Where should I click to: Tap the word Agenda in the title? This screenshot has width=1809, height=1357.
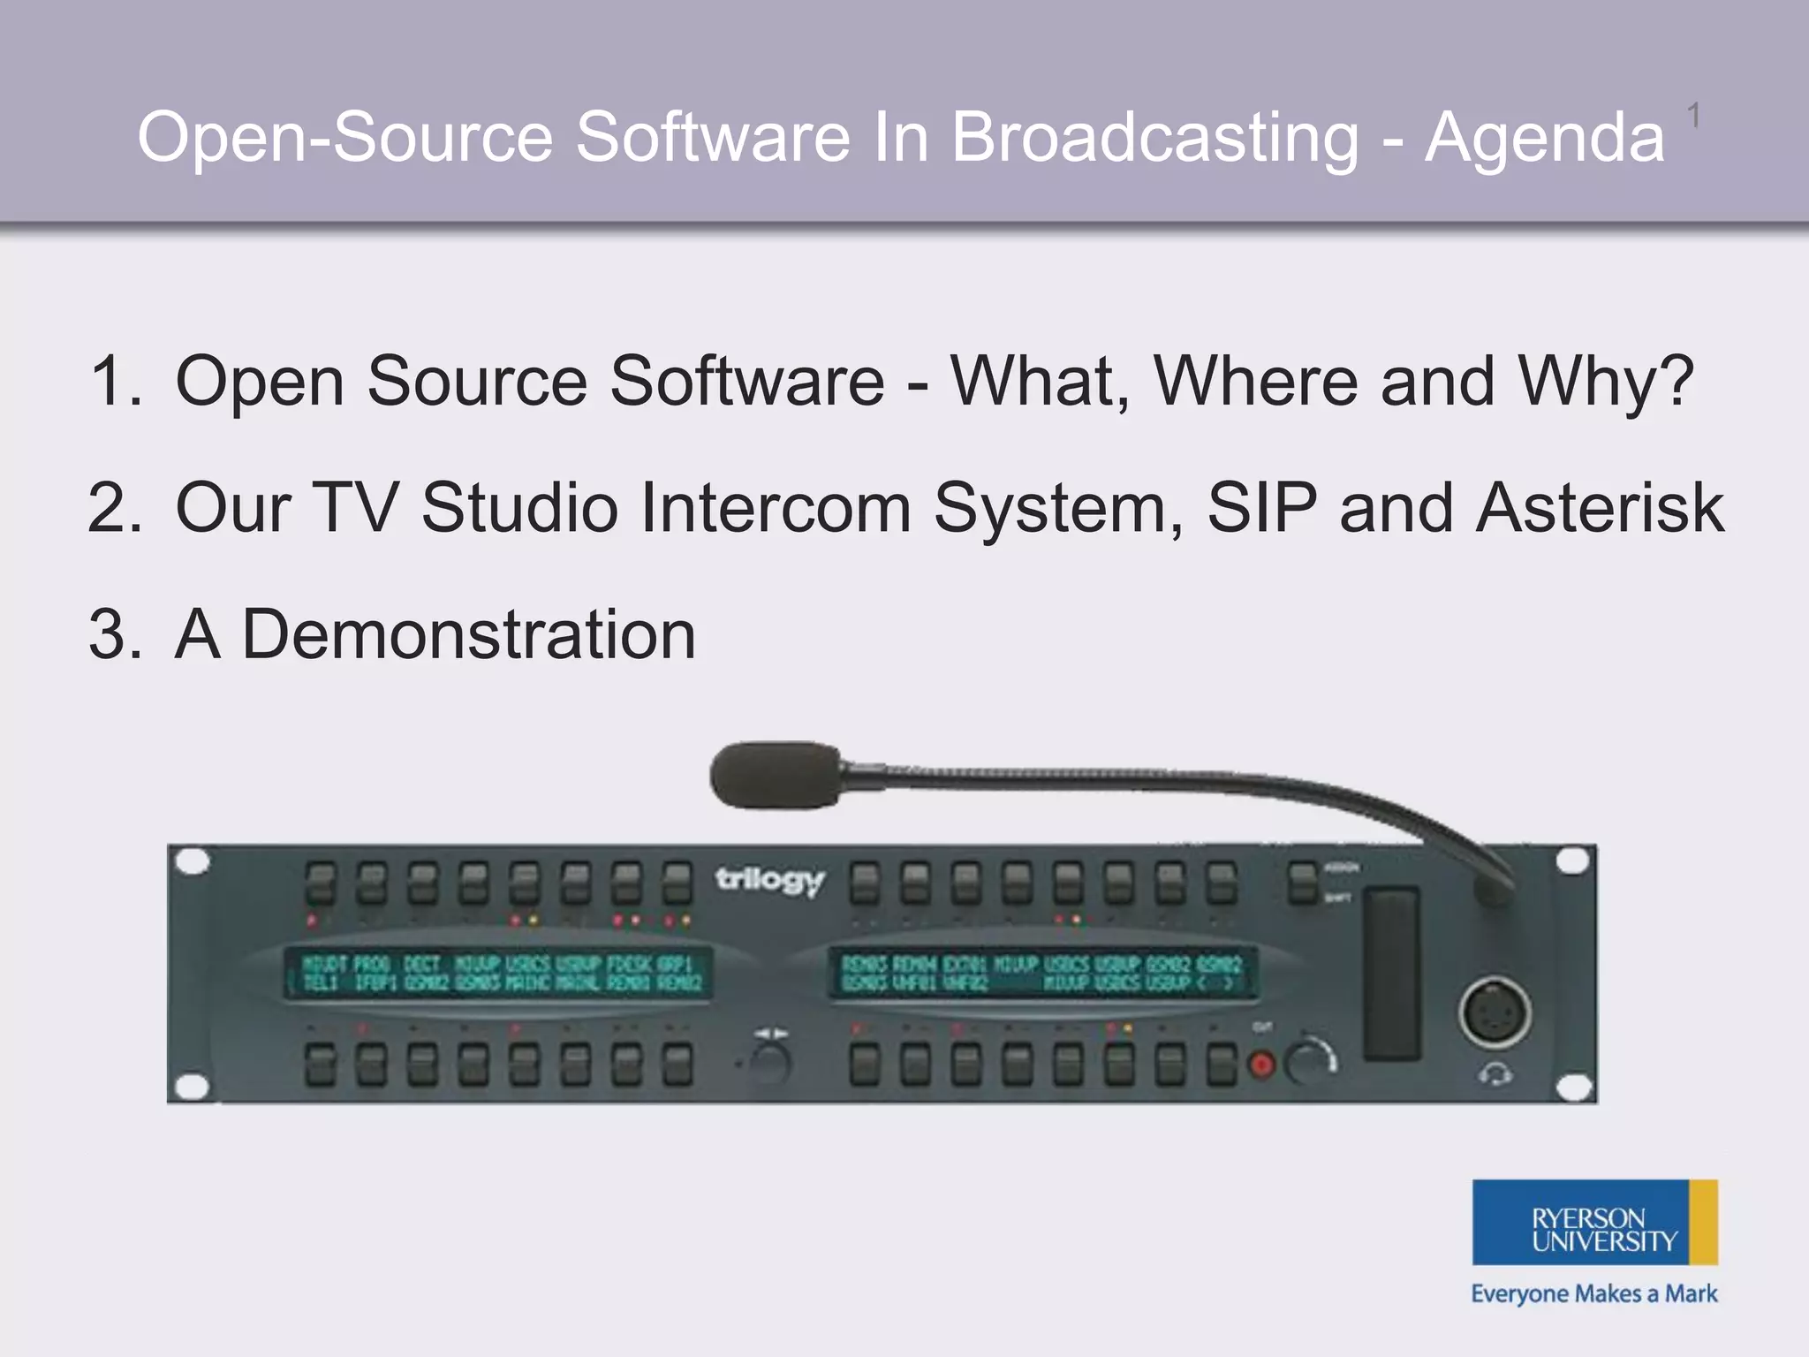click(1545, 140)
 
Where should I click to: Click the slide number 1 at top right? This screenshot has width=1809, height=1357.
click(1693, 116)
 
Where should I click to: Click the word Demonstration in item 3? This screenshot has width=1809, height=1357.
click(469, 634)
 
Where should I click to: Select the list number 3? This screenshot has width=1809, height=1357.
click(113, 634)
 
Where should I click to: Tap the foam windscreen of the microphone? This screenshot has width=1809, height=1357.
click(776, 774)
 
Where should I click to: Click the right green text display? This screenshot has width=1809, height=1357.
click(1042, 973)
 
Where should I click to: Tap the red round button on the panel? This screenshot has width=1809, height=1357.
click(1262, 1065)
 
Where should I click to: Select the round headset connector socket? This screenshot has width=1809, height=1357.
click(1494, 1012)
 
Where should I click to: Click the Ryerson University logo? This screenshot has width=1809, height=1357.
click(1594, 1222)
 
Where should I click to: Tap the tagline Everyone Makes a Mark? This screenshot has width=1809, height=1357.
click(1593, 1294)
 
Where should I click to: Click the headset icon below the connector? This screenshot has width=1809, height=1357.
click(1495, 1075)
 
